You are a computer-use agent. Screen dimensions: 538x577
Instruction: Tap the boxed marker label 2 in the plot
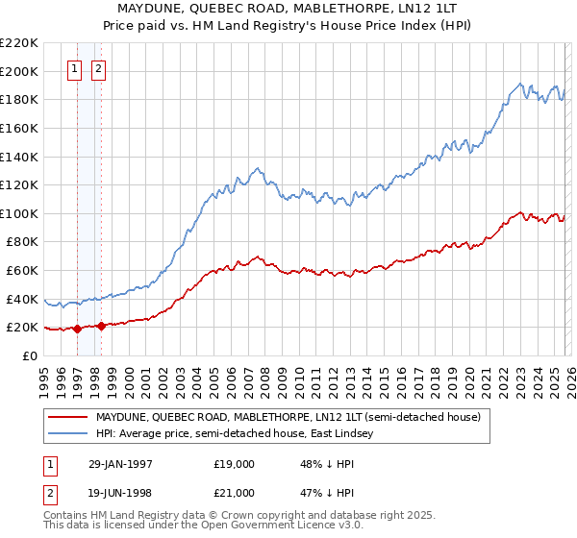(100, 68)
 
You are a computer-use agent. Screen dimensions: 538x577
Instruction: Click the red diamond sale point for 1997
(77, 329)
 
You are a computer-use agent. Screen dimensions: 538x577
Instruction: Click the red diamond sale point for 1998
(101, 326)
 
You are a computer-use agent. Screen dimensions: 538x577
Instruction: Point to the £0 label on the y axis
(29, 355)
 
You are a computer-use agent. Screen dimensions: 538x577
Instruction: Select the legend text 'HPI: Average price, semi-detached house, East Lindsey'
(240, 434)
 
